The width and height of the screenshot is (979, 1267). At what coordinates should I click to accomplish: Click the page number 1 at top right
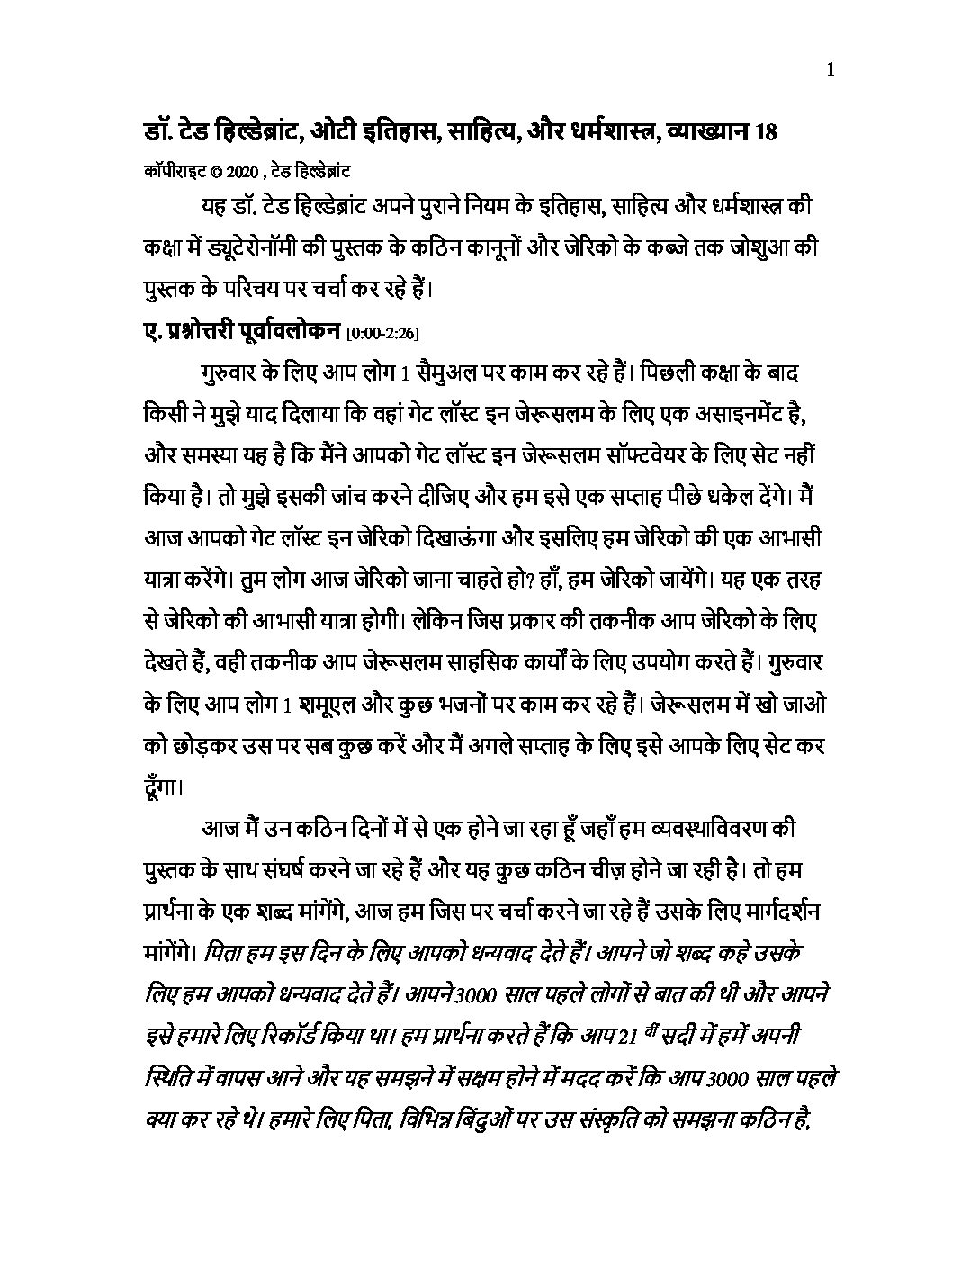pyautogui.click(x=830, y=71)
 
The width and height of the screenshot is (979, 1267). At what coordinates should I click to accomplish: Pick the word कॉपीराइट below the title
pyautogui.click(x=168, y=170)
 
